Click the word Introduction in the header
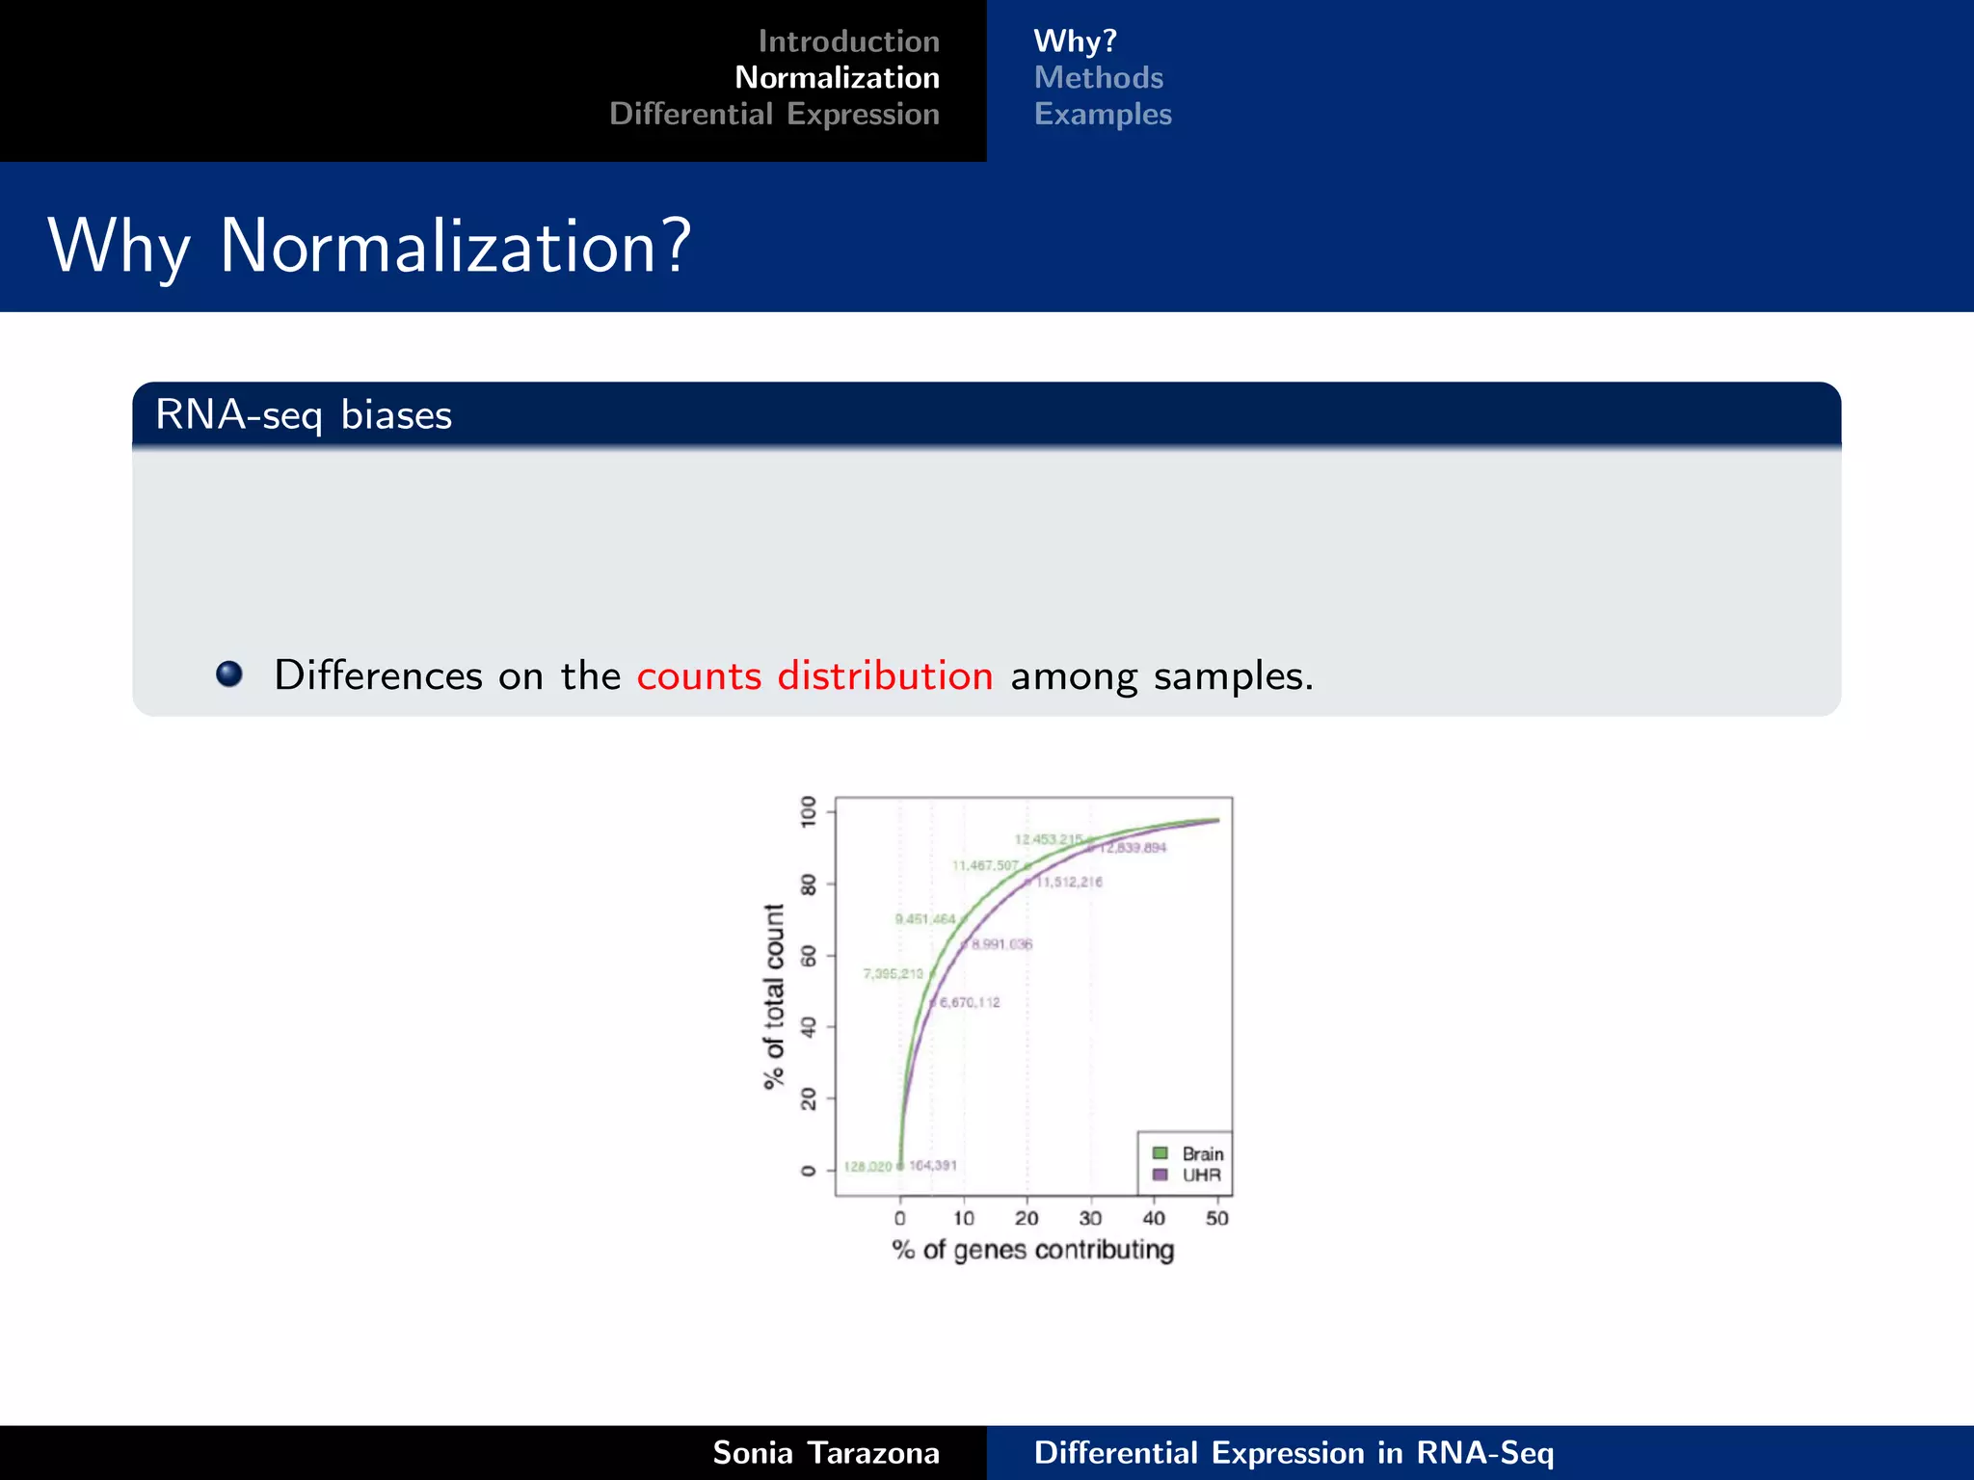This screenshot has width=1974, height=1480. [848, 41]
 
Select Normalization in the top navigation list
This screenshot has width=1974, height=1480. [837, 78]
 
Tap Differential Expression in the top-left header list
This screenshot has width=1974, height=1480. [774, 115]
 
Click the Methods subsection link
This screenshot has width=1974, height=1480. [1098, 78]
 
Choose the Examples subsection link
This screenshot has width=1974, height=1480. [1103, 115]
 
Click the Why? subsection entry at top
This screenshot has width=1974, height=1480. [1075, 41]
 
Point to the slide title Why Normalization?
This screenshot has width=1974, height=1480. [369, 247]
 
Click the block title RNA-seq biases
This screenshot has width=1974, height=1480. [304, 415]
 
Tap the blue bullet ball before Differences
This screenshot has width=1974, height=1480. [229, 674]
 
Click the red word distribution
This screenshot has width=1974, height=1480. [885, 675]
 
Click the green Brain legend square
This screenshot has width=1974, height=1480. [1160, 1153]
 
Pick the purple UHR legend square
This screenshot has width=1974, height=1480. [1160, 1175]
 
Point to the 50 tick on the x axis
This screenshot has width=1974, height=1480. [1216, 1218]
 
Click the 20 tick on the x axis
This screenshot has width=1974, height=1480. [1027, 1218]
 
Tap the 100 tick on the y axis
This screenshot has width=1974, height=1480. [809, 810]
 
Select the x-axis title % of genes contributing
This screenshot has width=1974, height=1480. [1032, 1251]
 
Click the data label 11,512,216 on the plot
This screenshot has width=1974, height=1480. [1068, 882]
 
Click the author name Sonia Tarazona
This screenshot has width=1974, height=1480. [825, 1453]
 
